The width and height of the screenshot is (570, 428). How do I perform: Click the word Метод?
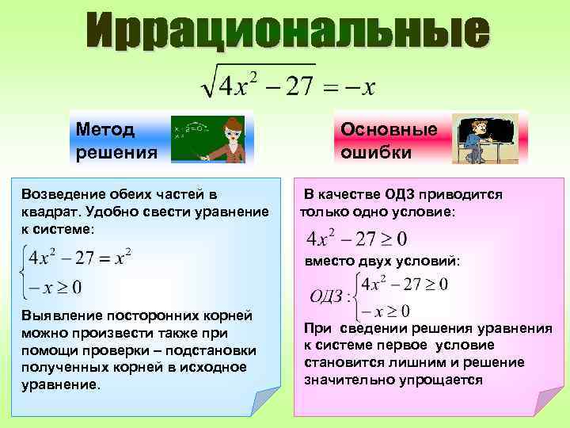pyautogui.click(x=105, y=128)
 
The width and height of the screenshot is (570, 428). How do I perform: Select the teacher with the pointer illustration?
pyautogui.click(x=224, y=139)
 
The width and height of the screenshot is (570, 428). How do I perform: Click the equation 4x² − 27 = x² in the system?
pyautogui.click(x=79, y=257)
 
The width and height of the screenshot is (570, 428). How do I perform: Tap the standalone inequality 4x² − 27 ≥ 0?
pyautogui.click(x=356, y=238)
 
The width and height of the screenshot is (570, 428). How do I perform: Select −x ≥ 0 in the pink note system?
pyautogui.click(x=384, y=311)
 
